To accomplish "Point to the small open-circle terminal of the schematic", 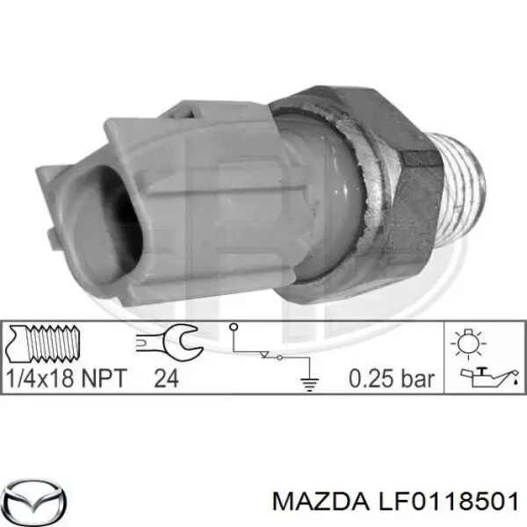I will (235, 329).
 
